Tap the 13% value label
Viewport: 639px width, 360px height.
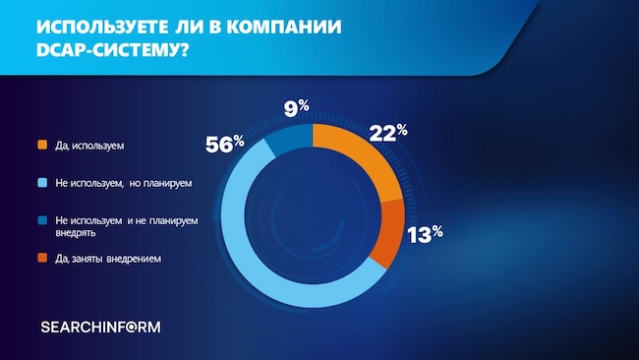coord(424,233)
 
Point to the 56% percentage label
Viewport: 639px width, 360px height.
coord(224,144)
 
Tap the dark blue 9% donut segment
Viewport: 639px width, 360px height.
coord(287,138)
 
